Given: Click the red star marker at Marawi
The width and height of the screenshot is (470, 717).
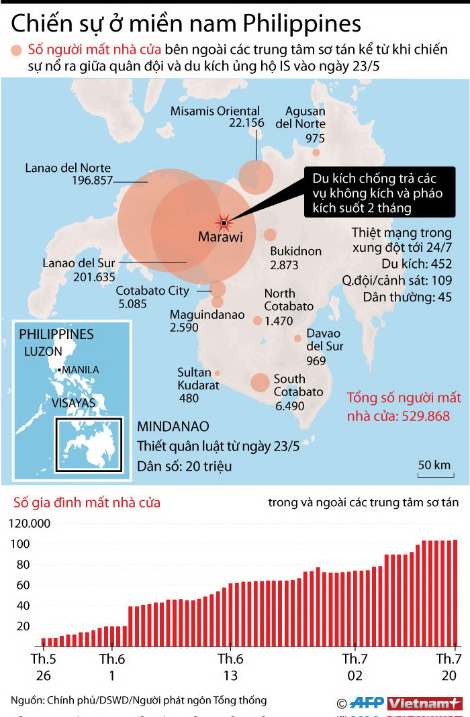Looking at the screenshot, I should pos(224,222).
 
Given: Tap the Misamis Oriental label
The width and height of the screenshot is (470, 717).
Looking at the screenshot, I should pos(215,111).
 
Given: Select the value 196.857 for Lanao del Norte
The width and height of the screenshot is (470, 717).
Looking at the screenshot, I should pos(91,181).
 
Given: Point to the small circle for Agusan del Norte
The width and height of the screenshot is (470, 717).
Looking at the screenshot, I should pos(316,152).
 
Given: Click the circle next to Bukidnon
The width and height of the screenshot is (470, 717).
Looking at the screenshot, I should pos(270,235).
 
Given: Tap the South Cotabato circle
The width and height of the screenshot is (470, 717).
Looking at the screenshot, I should pos(260,383).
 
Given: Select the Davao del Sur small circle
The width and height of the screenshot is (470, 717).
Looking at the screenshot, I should pos(297,338).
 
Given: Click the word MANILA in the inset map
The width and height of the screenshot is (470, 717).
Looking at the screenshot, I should pos(81,369).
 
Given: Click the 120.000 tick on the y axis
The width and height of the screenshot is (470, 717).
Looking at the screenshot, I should pos(30,524).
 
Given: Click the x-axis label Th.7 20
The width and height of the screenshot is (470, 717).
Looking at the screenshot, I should pos(448,665).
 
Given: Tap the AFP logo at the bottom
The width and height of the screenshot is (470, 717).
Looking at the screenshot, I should pos(368,703).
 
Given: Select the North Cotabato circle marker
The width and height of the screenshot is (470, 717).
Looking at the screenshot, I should pos(257,321).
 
